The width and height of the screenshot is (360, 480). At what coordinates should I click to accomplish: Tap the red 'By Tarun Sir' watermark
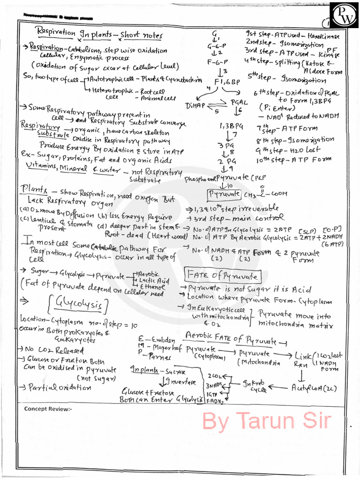pyautogui.click(x=266, y=420)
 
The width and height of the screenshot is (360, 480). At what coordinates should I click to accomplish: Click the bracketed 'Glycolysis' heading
pyautogui.click(x=85, y=305)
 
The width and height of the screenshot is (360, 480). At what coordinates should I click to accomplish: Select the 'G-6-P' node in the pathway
pyautogui.click(x=217, y=46)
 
